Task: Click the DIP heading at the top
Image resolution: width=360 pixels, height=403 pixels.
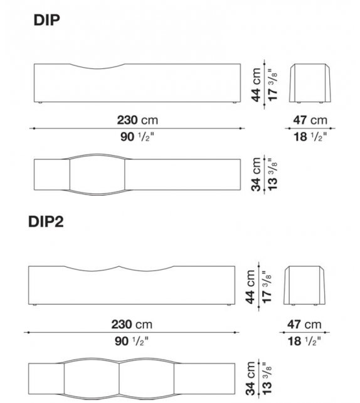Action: pos(46,21)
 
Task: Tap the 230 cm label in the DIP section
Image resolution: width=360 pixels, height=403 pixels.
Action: pos(137,119)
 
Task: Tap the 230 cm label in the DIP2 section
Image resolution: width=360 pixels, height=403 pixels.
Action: pos(132,324)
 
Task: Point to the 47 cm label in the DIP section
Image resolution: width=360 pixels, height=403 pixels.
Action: pos(310,119)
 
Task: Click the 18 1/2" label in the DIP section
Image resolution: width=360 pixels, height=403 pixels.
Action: pos(310,137)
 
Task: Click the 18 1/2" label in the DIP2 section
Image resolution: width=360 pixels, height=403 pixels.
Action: pos(304,341)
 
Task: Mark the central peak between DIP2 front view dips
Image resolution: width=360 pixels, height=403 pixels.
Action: pos(120,267)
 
